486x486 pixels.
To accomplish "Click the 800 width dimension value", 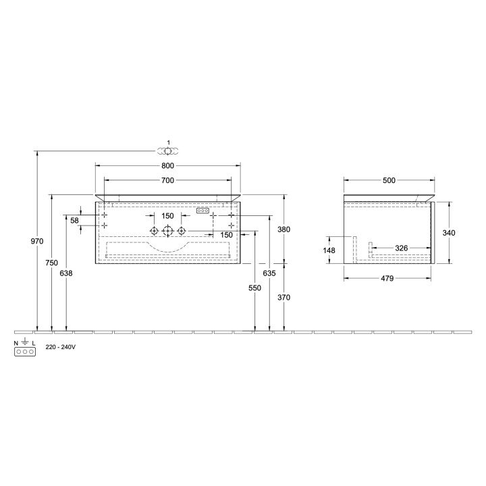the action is pos(167,166).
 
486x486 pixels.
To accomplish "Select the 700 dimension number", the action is pos(167,180).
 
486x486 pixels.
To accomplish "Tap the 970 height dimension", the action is pos(37,241).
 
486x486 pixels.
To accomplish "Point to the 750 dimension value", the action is pos(51,263).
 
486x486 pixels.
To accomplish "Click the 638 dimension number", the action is pos(66,273).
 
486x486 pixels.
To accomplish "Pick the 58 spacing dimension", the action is pos(75,220).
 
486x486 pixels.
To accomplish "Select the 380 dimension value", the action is pos(283,230).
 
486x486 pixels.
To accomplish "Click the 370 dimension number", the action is pos(283,298).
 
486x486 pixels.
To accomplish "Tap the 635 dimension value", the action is pos(269,273).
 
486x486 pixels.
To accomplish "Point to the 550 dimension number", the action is pos(254,288).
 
